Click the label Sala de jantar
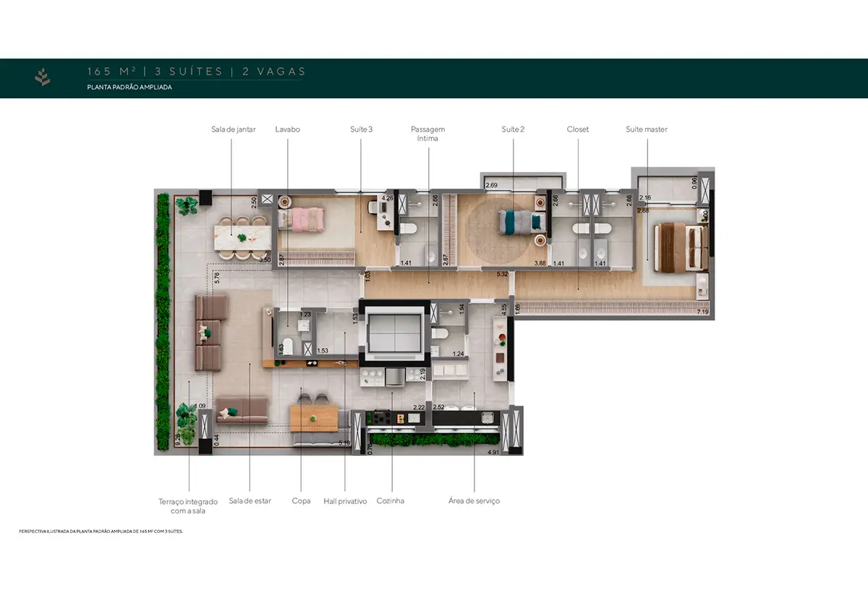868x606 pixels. coord(233,129)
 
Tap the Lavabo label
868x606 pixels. coord(287,129)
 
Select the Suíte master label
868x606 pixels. coord(646,129)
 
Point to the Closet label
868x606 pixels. coord(578,129)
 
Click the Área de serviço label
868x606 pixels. coord(474,500)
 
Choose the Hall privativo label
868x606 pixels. coord(345,500)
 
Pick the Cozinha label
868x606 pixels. coord(391,500)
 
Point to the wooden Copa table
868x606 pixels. coord(314,417)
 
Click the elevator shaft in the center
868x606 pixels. coord(392,332)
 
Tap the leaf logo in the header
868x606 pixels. coord(43,77)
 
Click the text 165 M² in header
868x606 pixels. coord(111,72)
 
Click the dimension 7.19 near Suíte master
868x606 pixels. coord(702,312)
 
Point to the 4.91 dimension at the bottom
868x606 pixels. coord(493,452)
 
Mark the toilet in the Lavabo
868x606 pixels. coord(287,346)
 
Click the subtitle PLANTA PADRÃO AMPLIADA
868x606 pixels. coord(129,87)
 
